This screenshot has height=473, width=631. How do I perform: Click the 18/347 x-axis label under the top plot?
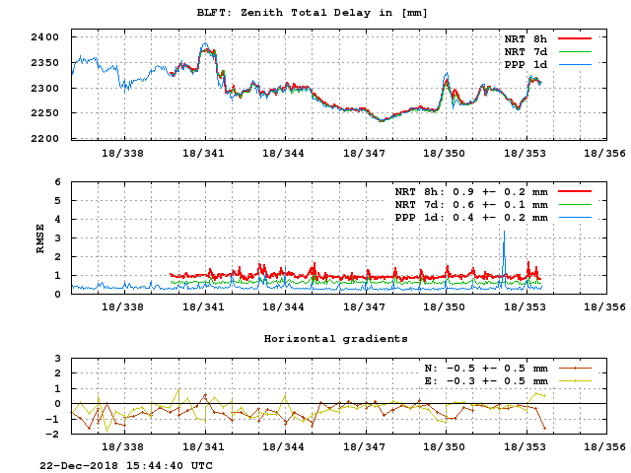click(x=363, y=153)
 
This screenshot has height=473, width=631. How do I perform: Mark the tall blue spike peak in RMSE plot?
click(x=504, y=232)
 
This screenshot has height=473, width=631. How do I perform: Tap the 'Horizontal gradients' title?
click(x=335, y=338)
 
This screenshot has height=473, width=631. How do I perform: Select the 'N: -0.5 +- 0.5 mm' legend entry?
click(x=481, y=367)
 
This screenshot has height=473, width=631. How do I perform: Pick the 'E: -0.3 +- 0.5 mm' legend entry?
click(x=481, y=379)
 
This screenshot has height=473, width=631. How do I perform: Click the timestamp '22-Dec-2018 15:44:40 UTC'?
click(x=125, y=464)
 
